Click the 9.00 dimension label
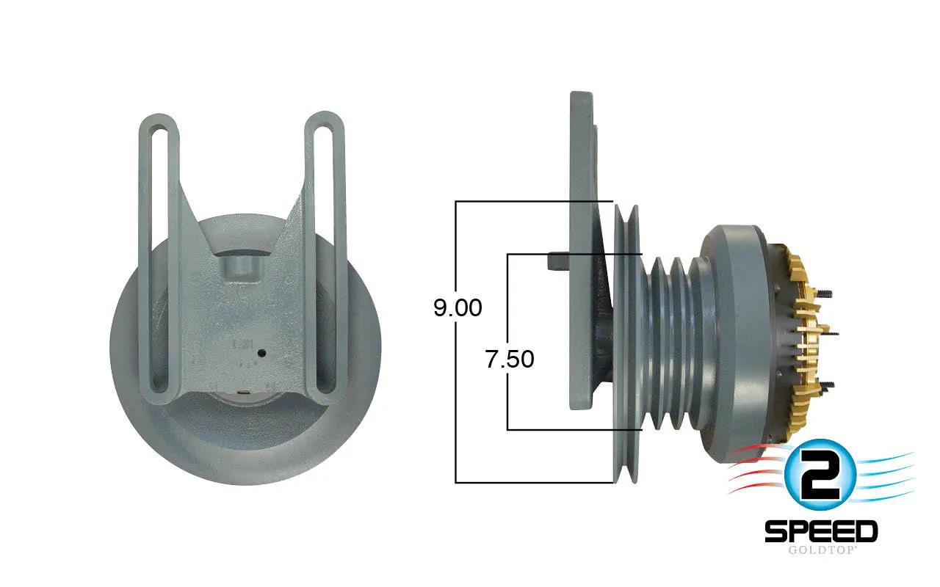(x=458, y=308)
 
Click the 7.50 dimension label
(x=510, y=360)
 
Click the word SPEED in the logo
(x=821, y=531)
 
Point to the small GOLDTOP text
(x=821, y=550)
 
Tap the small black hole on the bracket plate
(x=262, y=353)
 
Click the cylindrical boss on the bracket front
(x=241, y=269)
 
